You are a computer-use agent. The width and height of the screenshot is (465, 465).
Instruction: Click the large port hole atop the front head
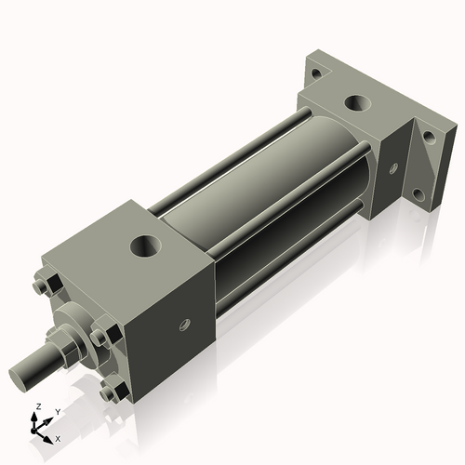pos(145,246)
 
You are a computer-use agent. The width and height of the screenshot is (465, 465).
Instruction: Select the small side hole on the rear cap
pos(393,168)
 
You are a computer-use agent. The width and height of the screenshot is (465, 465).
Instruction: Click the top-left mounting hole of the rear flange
pos(317,73)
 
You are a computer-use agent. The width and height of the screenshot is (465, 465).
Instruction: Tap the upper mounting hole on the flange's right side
pos(429,136)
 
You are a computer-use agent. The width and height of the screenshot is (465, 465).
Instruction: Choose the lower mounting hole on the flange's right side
pos(418,194)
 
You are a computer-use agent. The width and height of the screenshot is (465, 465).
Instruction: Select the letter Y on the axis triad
pos(58,410)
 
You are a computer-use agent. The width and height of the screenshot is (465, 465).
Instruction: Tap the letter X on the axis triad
pos(59,437)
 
